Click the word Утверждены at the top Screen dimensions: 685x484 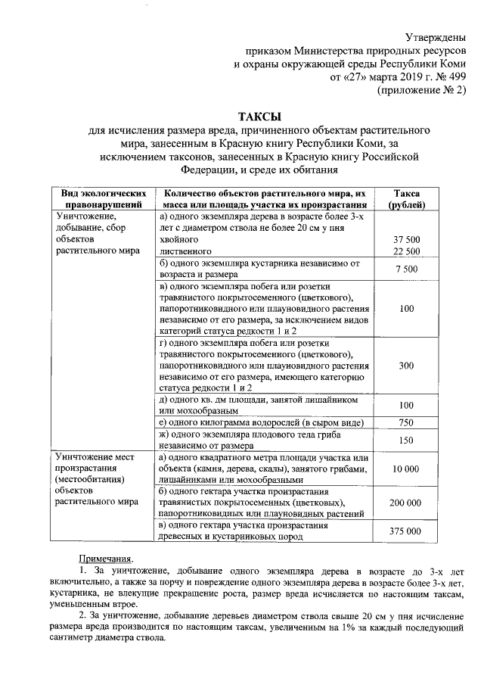[x=437, y=36]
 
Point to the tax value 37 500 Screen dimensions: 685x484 [x=407, y=238]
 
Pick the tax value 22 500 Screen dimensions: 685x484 [x=407, y=251]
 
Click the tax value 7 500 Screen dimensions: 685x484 [x=407, y=269]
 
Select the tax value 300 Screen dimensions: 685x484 [x=407, y=366]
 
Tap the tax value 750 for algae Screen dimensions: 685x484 [x=407, y=422]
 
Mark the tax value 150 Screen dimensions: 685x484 [x=407, y=441]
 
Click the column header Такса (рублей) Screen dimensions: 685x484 [x=407, y=199]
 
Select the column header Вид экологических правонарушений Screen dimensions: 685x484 [x=104, y=199]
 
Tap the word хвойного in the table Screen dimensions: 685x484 [x=181, y=238]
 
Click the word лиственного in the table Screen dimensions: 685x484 [x=187, y=251]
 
